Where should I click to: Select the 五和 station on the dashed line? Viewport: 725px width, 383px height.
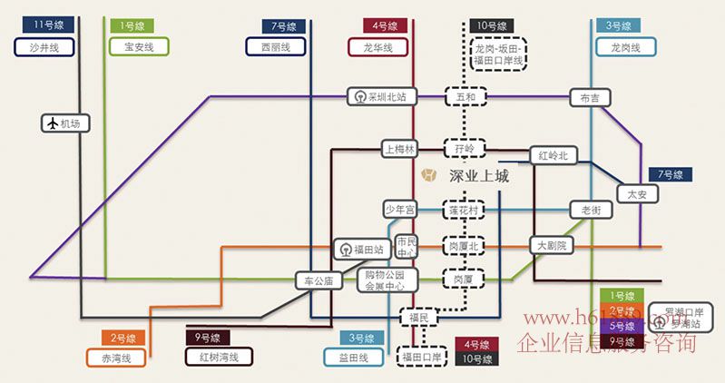click(465, 96)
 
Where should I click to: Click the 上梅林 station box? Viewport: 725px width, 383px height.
click(399, 148)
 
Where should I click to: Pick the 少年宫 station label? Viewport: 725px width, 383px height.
click(399, 210)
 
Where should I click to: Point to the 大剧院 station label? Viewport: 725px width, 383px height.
click(551, 245)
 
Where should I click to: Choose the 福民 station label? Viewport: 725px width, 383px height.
click(419, 317)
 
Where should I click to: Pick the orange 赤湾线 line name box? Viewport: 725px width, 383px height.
click(116, 358)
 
